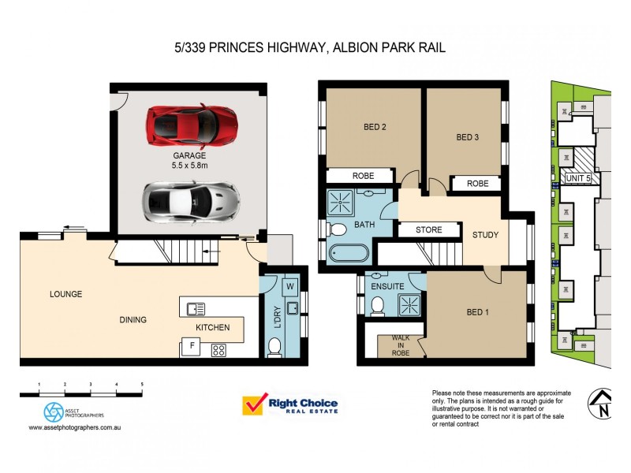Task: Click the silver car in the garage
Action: tap(190, 202)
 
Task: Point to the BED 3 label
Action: tap(468, 137)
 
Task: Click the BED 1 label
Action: tap(478, 312)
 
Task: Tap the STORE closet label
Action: tap(428, 230)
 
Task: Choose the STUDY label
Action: tap(485, 235)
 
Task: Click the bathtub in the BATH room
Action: tap(347, 254)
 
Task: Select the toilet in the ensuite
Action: tap(377, 305)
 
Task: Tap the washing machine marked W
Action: tap(289, 286)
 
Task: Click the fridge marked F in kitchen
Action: tap(190, 345)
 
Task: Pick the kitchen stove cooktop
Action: tap(218, 350)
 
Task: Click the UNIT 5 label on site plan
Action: tap(582, 180)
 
